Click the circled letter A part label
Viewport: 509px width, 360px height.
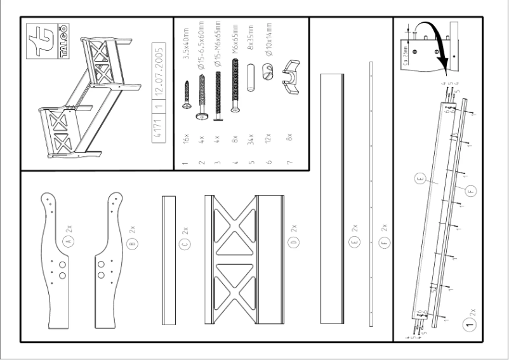[x=69, y=241]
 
